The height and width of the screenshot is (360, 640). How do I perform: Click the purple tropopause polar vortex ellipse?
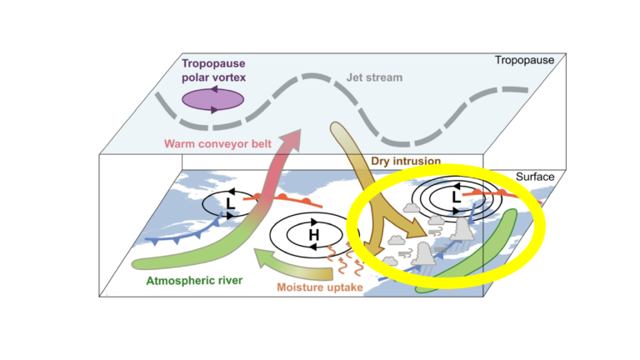click(x=212, y=99)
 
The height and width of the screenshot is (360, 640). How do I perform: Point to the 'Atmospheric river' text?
click(x=194, y=281)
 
